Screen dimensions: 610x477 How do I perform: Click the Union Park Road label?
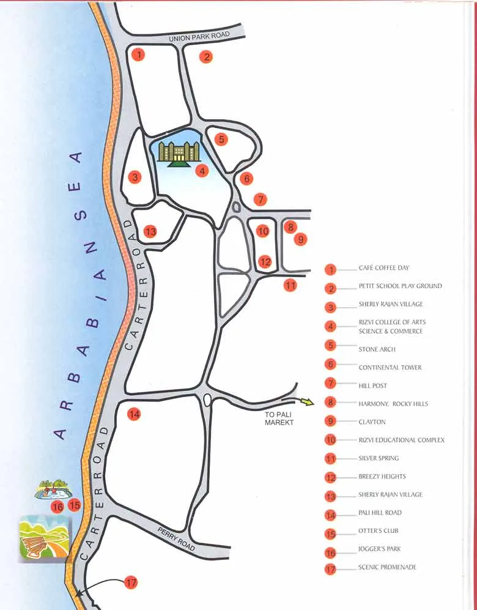click(x=199, y=37)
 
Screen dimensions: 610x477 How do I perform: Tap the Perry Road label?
click(x=177, y=538)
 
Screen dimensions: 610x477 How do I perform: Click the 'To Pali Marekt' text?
click(x=279, y=418)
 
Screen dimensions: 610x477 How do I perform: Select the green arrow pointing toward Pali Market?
click(x=306, y=402)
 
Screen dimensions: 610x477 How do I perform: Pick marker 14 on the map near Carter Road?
click(x=134, y=414)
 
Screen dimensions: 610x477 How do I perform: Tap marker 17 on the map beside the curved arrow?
click(x=131, y=582)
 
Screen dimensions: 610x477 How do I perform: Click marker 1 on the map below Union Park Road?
click(x=139, y=55)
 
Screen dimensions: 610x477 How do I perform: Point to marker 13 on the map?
click(x=150, y=231)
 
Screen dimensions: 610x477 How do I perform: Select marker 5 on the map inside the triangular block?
click(x=221, y=139)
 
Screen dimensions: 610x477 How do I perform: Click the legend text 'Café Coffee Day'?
click(x=383, y=268)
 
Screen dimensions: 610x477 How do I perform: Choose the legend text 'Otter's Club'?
click(x=378, y=531)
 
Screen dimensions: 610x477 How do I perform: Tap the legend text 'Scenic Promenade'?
click(x=387, y=567)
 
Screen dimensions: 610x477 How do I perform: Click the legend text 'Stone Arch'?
click(x=377, y=349)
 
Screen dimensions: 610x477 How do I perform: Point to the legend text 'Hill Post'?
click(x=372, y=386)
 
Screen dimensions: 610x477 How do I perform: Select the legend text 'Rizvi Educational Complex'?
click(x=401, y=441)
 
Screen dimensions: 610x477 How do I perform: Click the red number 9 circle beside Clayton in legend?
click(x=331, y=422)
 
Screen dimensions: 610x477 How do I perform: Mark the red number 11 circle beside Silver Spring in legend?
click(x=331, y=458)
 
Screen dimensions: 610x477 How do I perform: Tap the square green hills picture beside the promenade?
click(x=45, y=538)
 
